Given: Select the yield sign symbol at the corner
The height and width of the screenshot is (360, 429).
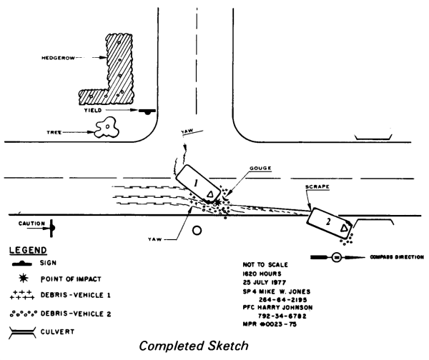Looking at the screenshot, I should tap(148, 111).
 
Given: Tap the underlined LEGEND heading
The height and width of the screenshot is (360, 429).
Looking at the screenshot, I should tap(26, 251).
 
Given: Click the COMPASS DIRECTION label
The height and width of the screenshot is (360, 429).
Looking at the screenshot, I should tap(395, 256).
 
